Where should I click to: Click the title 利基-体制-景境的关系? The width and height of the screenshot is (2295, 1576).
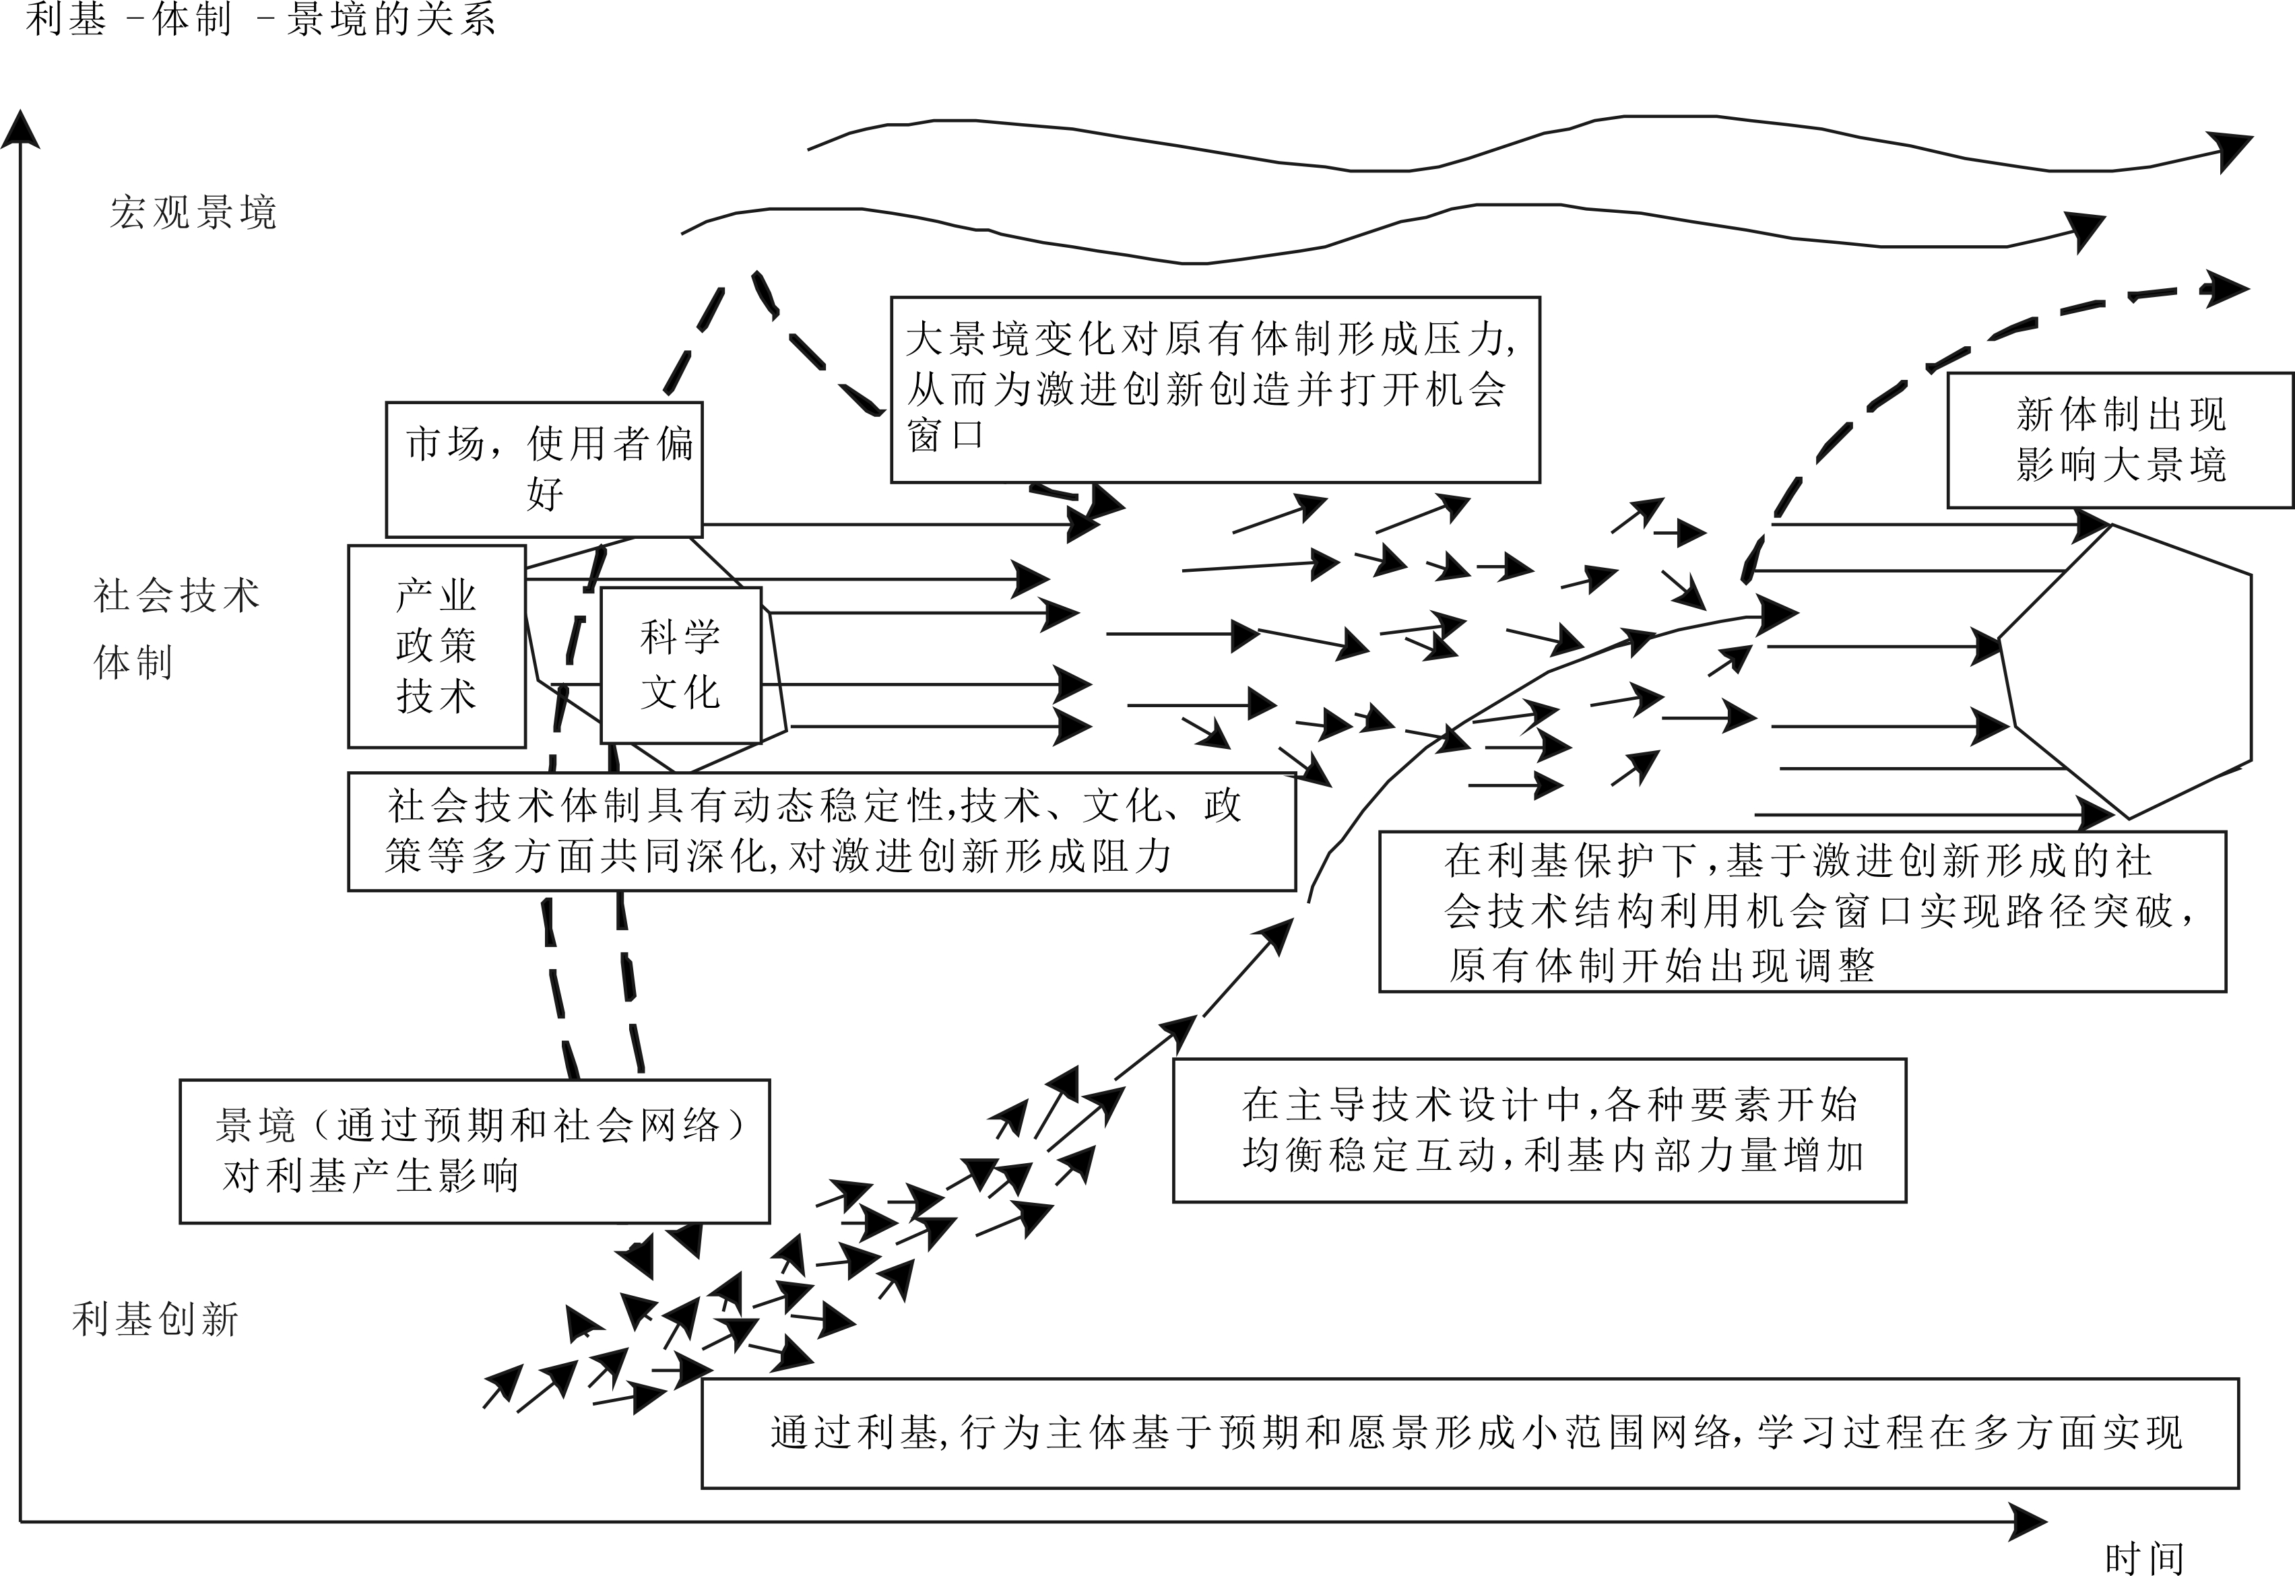pyautogui.click(x=261, y=19)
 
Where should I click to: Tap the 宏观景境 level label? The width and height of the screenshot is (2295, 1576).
pyautogui.click(x=193, y=212)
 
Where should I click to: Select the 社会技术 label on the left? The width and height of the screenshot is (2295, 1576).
pyautogui.click(x=176, y=595)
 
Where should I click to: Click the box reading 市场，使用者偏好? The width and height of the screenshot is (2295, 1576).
pyautogui.click(x=544, y=469)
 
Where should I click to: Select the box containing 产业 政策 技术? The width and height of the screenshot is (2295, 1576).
pyautogui.click(x=437, y=647)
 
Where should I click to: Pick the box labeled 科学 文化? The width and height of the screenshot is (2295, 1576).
pyautogui.click(x=680, y=665)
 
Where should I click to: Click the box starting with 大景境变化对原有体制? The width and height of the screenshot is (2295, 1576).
pyautogui.click(x=1215, y=389)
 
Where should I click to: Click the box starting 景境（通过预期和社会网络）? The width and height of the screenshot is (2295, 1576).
pyautogui.click(x=474, y=1150)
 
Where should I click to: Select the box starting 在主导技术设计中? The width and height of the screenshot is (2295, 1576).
pyautogui.click(x=1539, y=1129)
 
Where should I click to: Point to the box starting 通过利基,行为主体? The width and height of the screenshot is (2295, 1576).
pyautogui.click(x=1469, y=1433)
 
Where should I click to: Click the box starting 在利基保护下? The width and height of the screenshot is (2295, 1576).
pyautogui.click(x=1802, y=911)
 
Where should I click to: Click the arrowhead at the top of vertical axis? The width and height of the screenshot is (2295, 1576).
pyautogui.click(x=21, y=129)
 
